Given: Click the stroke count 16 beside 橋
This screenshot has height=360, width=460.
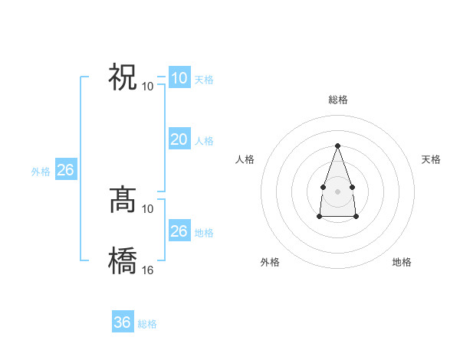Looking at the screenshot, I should point(148,270).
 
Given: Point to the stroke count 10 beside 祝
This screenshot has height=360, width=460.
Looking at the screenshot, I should point(148,85).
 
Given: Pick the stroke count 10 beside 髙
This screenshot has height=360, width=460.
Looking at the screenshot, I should point(148,208).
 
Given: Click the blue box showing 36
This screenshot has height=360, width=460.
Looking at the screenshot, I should point(123,322).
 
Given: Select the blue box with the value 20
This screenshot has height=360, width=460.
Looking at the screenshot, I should point(179,139).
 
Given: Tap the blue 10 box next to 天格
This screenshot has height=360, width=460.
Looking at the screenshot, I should point(179,78).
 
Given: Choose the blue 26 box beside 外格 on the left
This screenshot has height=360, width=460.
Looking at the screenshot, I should point(65,170).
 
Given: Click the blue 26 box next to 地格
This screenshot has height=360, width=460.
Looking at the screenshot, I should point(179,231).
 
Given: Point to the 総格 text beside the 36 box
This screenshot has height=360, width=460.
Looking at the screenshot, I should point(147,324).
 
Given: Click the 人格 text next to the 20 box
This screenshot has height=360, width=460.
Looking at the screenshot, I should point(204,141).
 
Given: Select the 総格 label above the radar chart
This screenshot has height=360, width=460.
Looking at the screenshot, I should point(337,100).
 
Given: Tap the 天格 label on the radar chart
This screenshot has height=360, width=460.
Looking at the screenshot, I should point(431,159).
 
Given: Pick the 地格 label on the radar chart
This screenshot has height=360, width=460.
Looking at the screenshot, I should point(402,262).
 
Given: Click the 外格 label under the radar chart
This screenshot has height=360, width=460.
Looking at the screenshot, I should point(270,262).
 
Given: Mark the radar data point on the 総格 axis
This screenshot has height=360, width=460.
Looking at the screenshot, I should point(337,146).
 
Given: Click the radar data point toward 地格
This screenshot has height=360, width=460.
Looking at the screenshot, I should point(356,217).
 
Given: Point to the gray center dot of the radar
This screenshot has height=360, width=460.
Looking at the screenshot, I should point(337,190).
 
